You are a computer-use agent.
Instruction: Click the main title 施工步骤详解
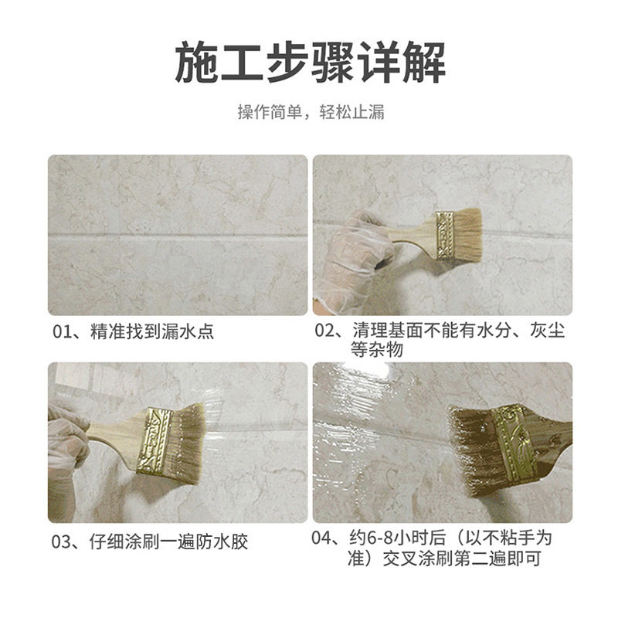click(x=309, y=64)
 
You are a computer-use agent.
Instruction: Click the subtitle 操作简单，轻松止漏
click(x=309, y=113)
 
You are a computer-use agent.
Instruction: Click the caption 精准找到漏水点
click(x=153, y=333)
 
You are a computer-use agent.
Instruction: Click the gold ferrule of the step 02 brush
click(x=444, y=234)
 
